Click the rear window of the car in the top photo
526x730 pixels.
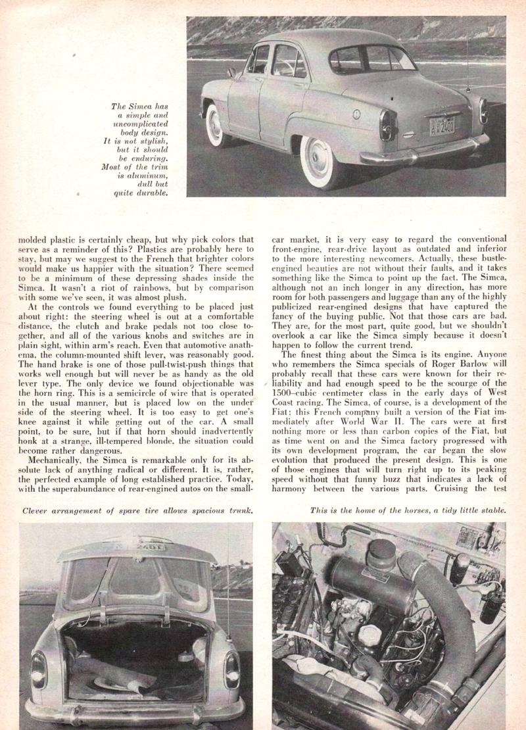pos(368,60)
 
